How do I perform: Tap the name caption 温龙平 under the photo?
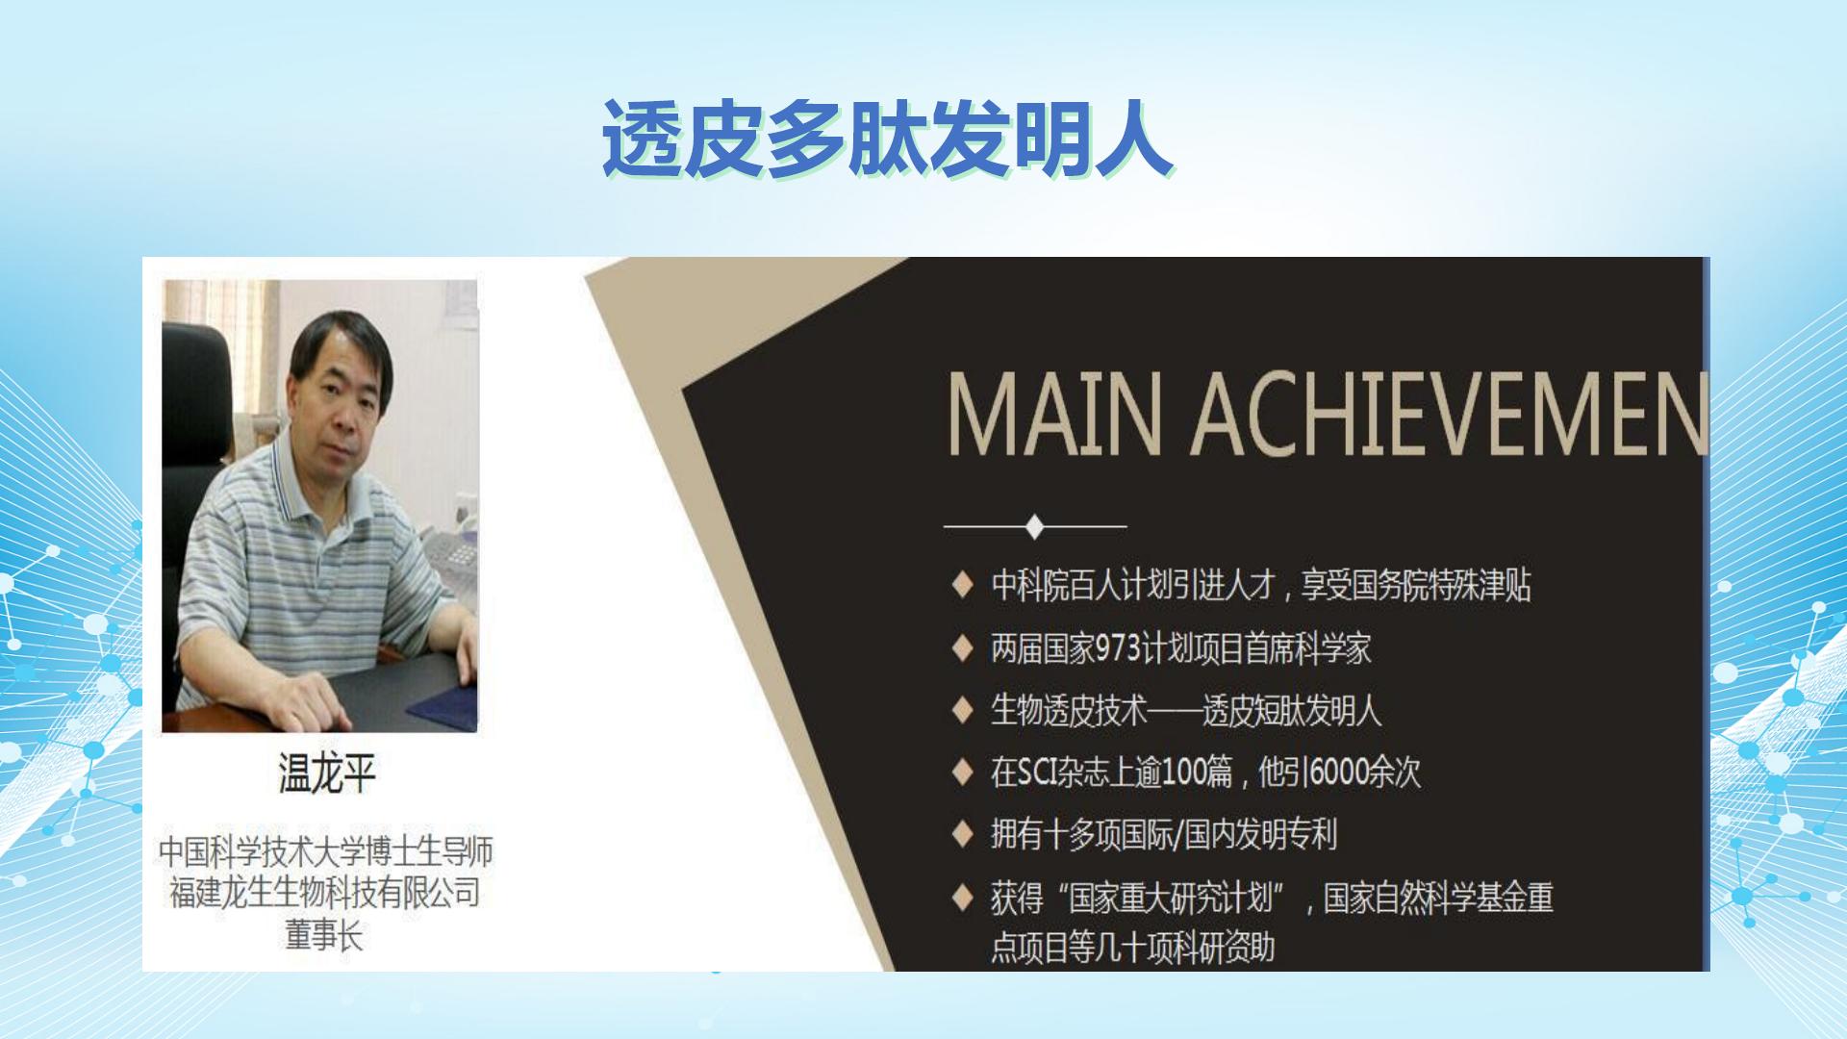326,773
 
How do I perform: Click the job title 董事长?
324,935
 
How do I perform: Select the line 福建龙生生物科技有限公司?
325,893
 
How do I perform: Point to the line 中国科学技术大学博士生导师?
325,851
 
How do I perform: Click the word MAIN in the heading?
1055,415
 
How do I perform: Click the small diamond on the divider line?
1035,526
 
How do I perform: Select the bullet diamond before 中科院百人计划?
962,586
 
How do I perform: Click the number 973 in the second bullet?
1118,648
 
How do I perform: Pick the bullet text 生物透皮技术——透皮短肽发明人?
1186,711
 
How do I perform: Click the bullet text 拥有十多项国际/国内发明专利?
1164,834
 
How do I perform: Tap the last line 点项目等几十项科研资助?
1132,949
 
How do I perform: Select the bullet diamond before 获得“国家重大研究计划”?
962,899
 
